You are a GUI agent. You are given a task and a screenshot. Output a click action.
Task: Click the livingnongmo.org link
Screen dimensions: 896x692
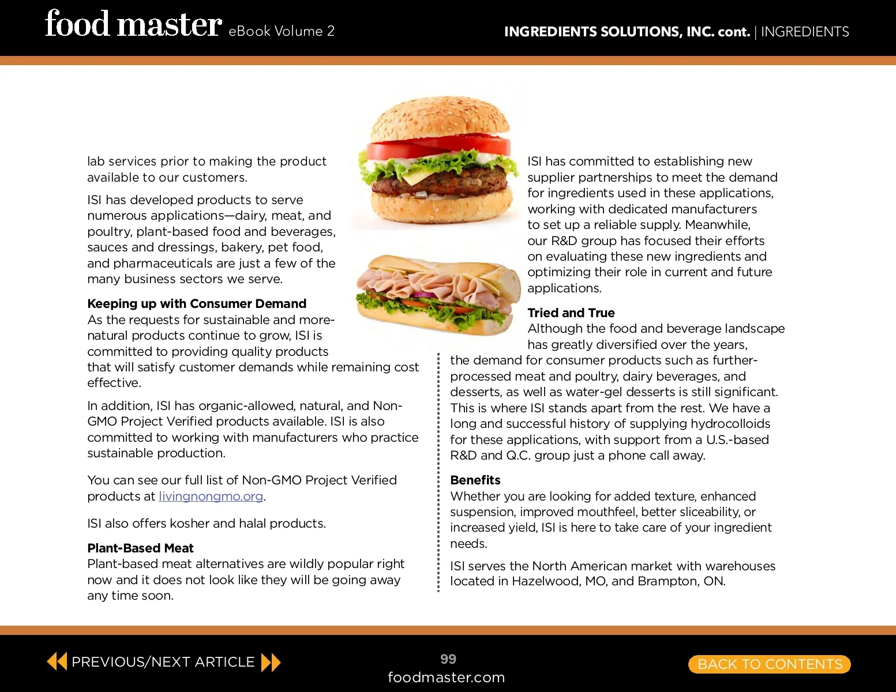[x=211, y=497]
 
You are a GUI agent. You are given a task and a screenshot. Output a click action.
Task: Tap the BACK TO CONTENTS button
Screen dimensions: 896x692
[x=770, y=664]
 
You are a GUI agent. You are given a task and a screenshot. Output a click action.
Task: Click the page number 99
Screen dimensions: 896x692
[x=448, y=659]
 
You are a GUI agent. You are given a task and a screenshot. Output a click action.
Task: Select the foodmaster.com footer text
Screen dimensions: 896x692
[x=446, y=677]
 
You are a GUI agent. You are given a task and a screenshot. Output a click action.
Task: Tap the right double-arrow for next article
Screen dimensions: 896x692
[x=271, y=663]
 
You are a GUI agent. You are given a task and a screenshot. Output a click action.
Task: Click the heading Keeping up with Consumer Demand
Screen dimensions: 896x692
[x=197, y=304]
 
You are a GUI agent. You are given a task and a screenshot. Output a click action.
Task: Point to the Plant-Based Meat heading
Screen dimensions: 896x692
[x=140, y=548]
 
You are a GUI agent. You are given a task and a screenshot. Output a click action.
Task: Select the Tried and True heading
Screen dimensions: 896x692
[x=571, y=313]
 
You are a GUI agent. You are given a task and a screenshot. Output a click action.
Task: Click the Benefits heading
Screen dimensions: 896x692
[x=475, y=480]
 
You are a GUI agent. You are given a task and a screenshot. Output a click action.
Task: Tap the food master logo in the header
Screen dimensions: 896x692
[x=133, y=24]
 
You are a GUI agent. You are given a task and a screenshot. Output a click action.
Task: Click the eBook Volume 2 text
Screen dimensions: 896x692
[x=281, y=31]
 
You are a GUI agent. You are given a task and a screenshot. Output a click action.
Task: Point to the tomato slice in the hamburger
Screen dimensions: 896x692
[x=438, y=146]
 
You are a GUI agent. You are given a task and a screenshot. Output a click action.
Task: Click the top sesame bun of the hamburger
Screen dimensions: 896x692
[x=440, y=118]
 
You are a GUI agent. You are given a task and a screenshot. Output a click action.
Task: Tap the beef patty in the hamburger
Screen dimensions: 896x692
[x=439, y=181]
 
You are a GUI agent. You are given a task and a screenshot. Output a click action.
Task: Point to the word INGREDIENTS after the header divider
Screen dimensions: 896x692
[x=805, y=32]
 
